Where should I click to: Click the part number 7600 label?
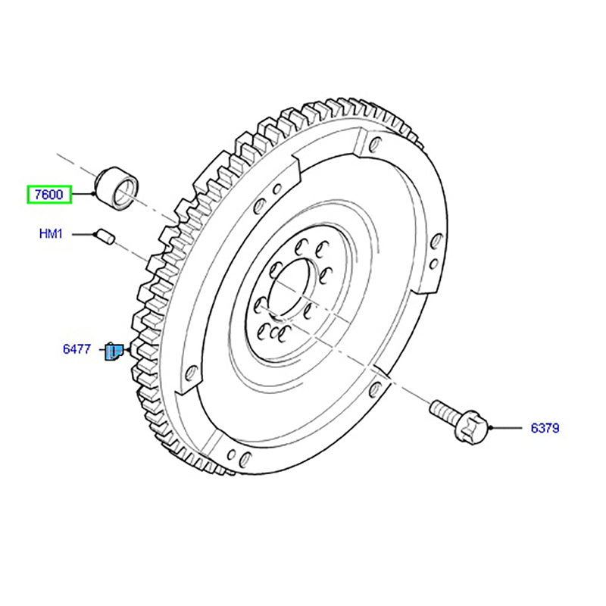(49, 195)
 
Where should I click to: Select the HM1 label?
(51, 235)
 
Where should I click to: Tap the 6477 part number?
(77, 350)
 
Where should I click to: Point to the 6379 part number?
(544, 428)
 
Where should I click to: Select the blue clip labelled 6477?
(114, 352)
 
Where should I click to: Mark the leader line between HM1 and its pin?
(85, 235)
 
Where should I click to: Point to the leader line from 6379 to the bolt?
(508, 428)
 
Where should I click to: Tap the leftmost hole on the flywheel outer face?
(192, 372)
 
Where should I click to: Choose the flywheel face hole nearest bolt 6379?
(373, 390)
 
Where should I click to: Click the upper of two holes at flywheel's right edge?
(438, 242)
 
